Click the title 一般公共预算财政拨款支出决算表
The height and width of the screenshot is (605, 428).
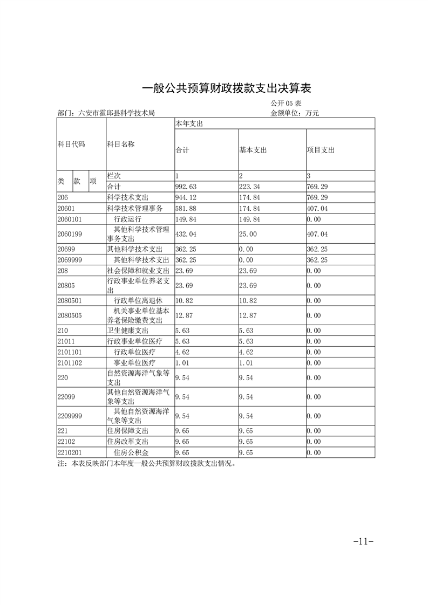pos(227,88)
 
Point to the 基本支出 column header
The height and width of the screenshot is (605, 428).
pos(253,150)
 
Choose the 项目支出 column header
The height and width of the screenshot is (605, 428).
pos(321,150)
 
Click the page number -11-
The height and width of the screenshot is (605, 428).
pos(363,541)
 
